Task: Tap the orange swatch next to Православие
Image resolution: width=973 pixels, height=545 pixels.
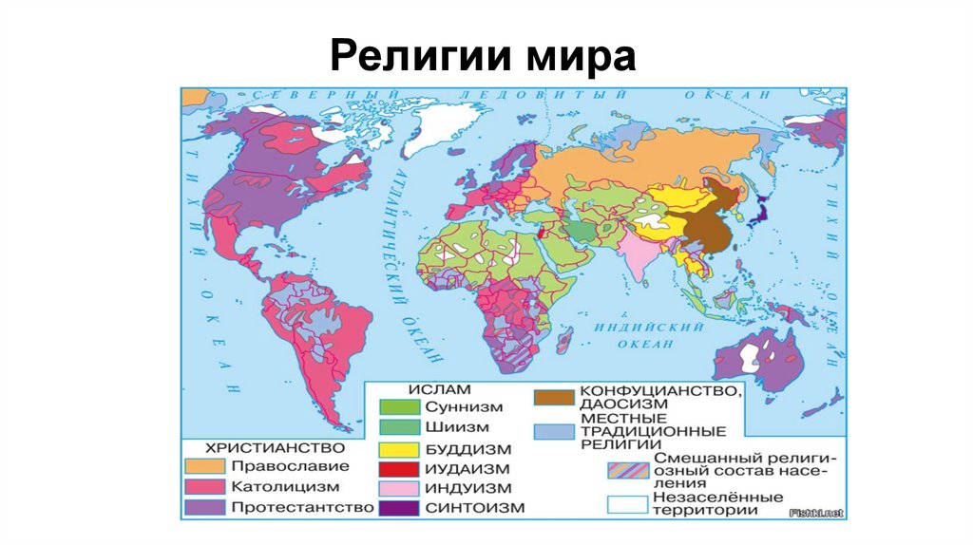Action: coord(204,466)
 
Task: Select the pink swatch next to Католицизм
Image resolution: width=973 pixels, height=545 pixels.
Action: coord(204,486)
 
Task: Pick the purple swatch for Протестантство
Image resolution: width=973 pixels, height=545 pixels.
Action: coord(204,507)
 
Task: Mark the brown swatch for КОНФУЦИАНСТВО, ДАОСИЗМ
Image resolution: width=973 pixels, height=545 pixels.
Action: coord(554,395)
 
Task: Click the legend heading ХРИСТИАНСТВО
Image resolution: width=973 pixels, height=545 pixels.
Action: coord(259,447)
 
